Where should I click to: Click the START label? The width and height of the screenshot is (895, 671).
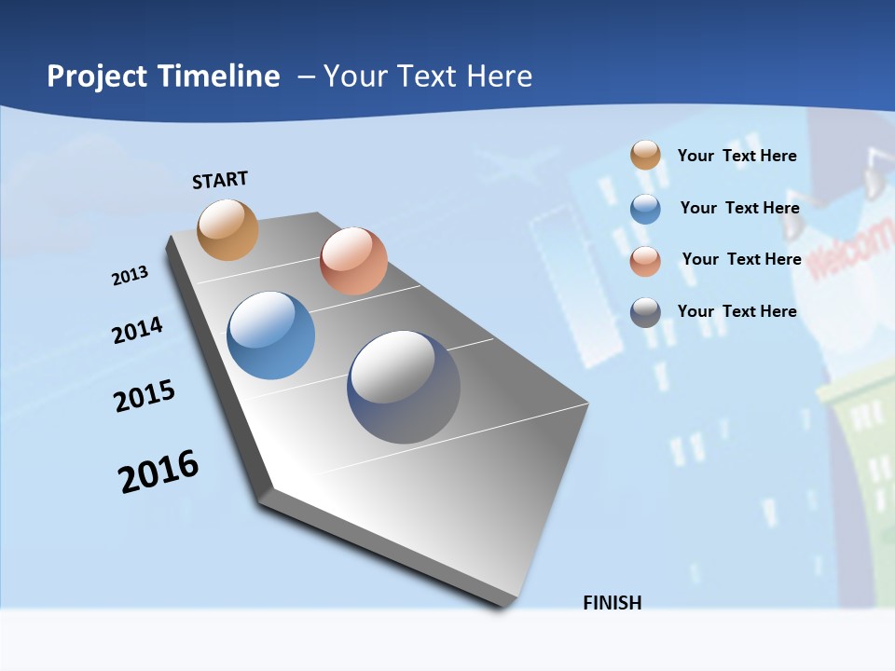coord(220,180)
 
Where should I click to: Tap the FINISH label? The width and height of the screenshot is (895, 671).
coord(613,603)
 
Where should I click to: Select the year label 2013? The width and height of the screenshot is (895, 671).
coord(130,276)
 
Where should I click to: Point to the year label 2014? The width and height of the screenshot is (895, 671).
coord(137,330)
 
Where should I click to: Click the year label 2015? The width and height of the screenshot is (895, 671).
coord(145,395)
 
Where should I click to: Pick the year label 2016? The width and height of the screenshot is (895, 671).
coord(158,472)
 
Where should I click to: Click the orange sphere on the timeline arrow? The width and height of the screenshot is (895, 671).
coord(228,229)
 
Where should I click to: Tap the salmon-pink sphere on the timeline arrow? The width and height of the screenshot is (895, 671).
coord(353,261)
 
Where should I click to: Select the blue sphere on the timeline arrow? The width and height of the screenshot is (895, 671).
coord(271,335)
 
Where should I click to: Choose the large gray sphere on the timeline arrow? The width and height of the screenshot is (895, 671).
coord(404,387)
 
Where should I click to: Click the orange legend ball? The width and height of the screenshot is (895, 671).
coord(645,156)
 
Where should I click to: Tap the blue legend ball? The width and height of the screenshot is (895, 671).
coord(645,209)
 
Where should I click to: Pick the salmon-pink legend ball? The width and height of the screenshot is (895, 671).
coord(645,261)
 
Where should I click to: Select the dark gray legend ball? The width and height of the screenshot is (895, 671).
coord(645,312)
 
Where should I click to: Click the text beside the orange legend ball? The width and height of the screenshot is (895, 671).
coord(737,156)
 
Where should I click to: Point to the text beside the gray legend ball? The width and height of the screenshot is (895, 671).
coord(737,311)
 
